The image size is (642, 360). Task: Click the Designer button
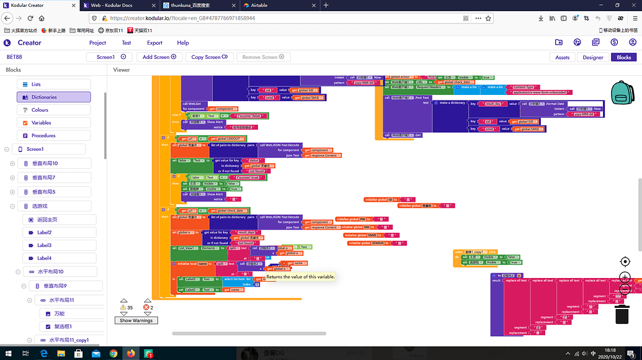[593, 57]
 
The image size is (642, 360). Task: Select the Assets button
[562, 57]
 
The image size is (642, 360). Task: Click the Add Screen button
[159, 57]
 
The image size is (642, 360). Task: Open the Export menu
[154, 43]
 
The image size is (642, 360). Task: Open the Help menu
[182, 43]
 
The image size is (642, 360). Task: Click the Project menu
[97, 43]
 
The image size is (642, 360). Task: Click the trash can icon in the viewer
[622, 313]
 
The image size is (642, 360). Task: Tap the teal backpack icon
[621, 93]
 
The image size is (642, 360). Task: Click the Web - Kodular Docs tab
[118, 5]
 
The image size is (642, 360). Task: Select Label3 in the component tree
[44, 245]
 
